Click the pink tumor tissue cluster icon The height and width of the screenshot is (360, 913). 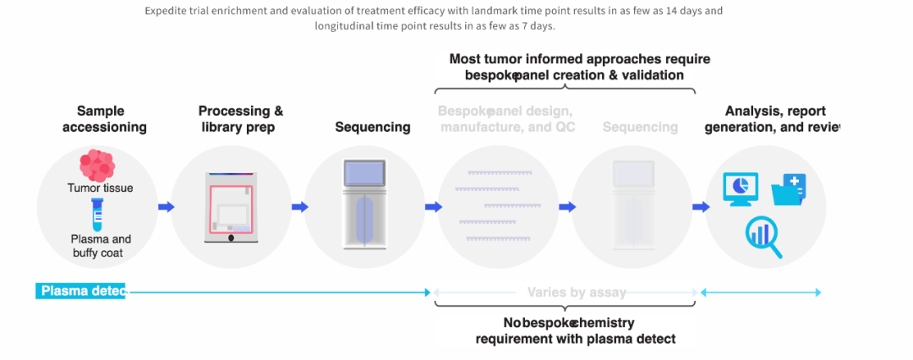click(96, 166)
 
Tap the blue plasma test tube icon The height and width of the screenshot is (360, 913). click(97, 215)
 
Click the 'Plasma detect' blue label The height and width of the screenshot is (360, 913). click(81, 292)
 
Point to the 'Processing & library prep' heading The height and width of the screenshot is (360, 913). click(240, 119)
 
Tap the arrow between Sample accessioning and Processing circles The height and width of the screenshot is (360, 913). click(166, 206)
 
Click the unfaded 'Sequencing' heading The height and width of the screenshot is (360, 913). click(373, 128)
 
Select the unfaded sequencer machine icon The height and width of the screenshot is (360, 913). click(365, 205)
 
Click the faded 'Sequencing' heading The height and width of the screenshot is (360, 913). click(640, 128)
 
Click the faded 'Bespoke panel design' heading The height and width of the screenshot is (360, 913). click(506, 119)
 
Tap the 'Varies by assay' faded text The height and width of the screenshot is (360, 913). click(577, 292)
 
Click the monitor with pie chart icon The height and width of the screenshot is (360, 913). click(741, 188)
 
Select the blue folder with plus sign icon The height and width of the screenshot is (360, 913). click(789, 188)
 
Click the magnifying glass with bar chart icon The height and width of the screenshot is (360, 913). click(763, 237)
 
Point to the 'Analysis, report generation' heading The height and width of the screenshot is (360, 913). click(782, 119)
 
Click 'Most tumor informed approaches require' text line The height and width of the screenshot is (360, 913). click(579, 59)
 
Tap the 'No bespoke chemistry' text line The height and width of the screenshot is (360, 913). click(569, 323)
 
